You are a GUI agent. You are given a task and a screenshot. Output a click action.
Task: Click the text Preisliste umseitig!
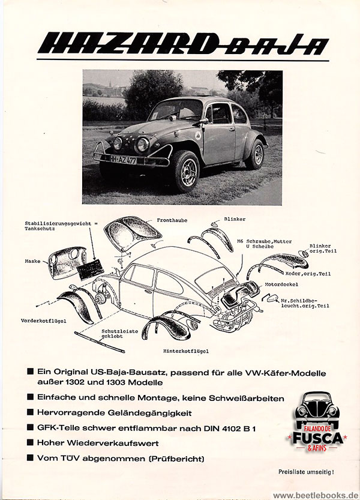coord(306,472)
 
